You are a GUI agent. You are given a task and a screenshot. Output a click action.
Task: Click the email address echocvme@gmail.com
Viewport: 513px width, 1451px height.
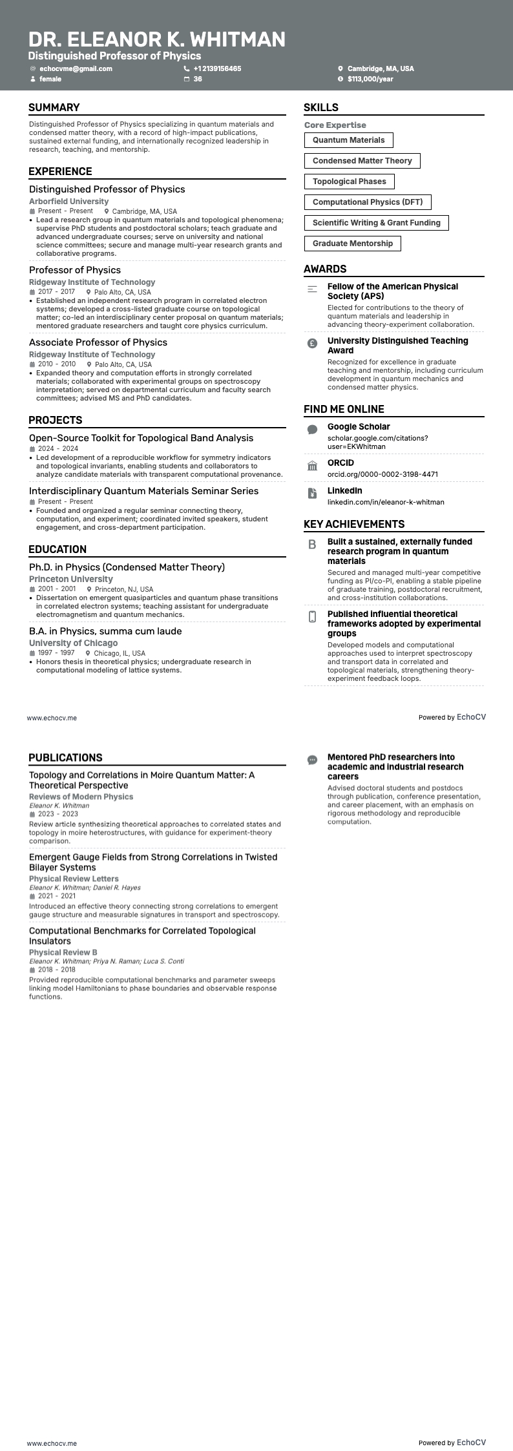[x=76, y=68]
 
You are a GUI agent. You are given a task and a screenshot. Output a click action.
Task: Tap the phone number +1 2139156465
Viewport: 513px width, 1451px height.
[x=217, y=68]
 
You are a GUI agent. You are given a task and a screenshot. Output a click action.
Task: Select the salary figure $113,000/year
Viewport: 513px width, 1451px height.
[x=370, y=79]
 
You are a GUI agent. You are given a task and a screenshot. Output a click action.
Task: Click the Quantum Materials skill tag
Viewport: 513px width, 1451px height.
[x=348, y=140]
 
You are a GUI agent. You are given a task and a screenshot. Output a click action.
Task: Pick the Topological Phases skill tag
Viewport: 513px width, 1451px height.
[x=349, y=182]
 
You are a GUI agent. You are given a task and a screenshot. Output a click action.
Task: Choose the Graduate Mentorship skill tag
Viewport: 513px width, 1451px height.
[x=352, y=244]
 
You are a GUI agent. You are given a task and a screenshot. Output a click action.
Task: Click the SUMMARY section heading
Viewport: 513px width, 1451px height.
[x=54, y=108]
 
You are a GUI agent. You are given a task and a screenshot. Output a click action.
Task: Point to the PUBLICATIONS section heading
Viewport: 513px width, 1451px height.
[x=65, y=758]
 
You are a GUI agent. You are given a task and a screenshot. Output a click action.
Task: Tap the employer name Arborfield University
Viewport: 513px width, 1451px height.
[x=69, y=202]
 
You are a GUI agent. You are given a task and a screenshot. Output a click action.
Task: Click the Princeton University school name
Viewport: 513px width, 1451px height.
[x=71, y=579]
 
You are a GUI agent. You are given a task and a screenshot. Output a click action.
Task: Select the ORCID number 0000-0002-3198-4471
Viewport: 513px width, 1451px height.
[x=382, y=474]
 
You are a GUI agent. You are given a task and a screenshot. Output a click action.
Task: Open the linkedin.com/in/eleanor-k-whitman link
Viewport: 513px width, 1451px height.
[x=386, y=502]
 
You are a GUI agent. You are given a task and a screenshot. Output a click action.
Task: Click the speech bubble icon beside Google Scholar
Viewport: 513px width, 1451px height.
[x=312, y=430]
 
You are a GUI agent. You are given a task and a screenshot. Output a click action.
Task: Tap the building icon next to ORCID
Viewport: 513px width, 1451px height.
[x=312, y=466]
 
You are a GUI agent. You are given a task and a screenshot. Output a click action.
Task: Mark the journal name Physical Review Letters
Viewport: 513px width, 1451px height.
[x=74, y=879]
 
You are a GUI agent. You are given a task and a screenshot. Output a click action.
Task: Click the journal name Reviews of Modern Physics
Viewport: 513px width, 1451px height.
[x=81, y=797]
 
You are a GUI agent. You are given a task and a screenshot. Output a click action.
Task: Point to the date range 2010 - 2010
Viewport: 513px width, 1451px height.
[x=57, y=364]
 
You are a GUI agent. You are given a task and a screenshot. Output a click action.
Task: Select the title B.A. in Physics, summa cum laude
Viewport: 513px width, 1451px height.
[x=105, y=631]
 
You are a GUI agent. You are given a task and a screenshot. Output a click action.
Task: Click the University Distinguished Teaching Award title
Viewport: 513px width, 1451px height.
[x=397, y=346]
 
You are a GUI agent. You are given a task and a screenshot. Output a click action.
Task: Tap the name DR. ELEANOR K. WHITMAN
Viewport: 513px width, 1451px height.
[x=157, y=39]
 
